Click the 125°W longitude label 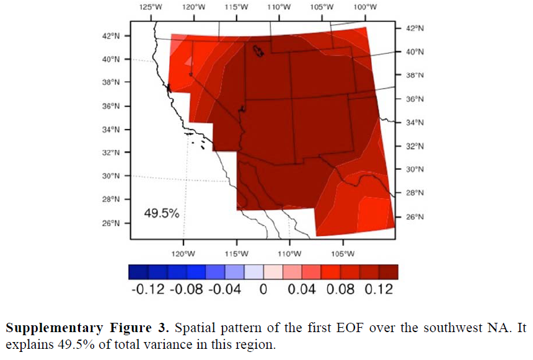151,7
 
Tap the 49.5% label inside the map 162,214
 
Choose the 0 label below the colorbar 263,289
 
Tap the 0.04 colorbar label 301,289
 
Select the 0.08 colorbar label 340,289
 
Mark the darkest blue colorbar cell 138,272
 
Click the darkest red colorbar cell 389,272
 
